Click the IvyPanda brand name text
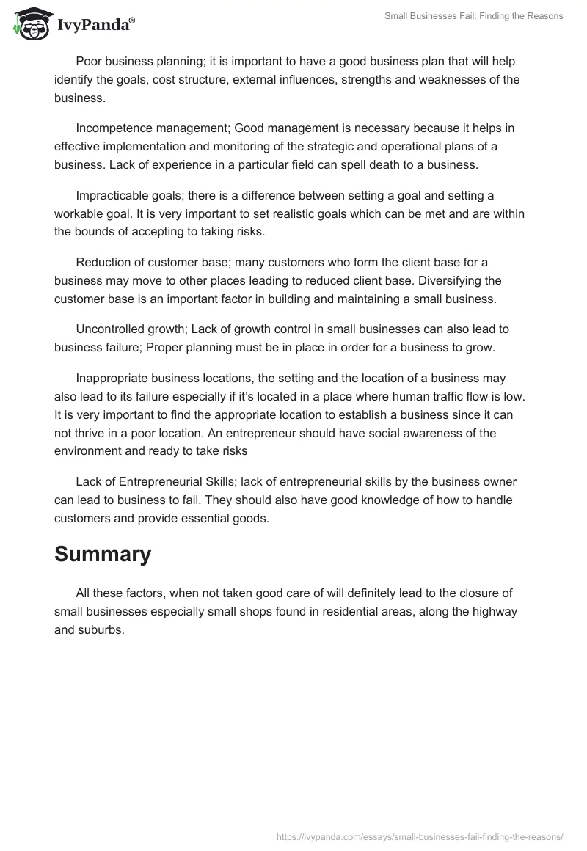coord(95,26)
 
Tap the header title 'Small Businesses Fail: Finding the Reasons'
coord(473,15)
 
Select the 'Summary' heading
coord(103,554)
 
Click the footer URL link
coord(420,836)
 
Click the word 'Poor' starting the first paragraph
coord(89,62)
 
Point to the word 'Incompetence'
coord(112,128)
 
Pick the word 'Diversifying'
coord(468,280)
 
